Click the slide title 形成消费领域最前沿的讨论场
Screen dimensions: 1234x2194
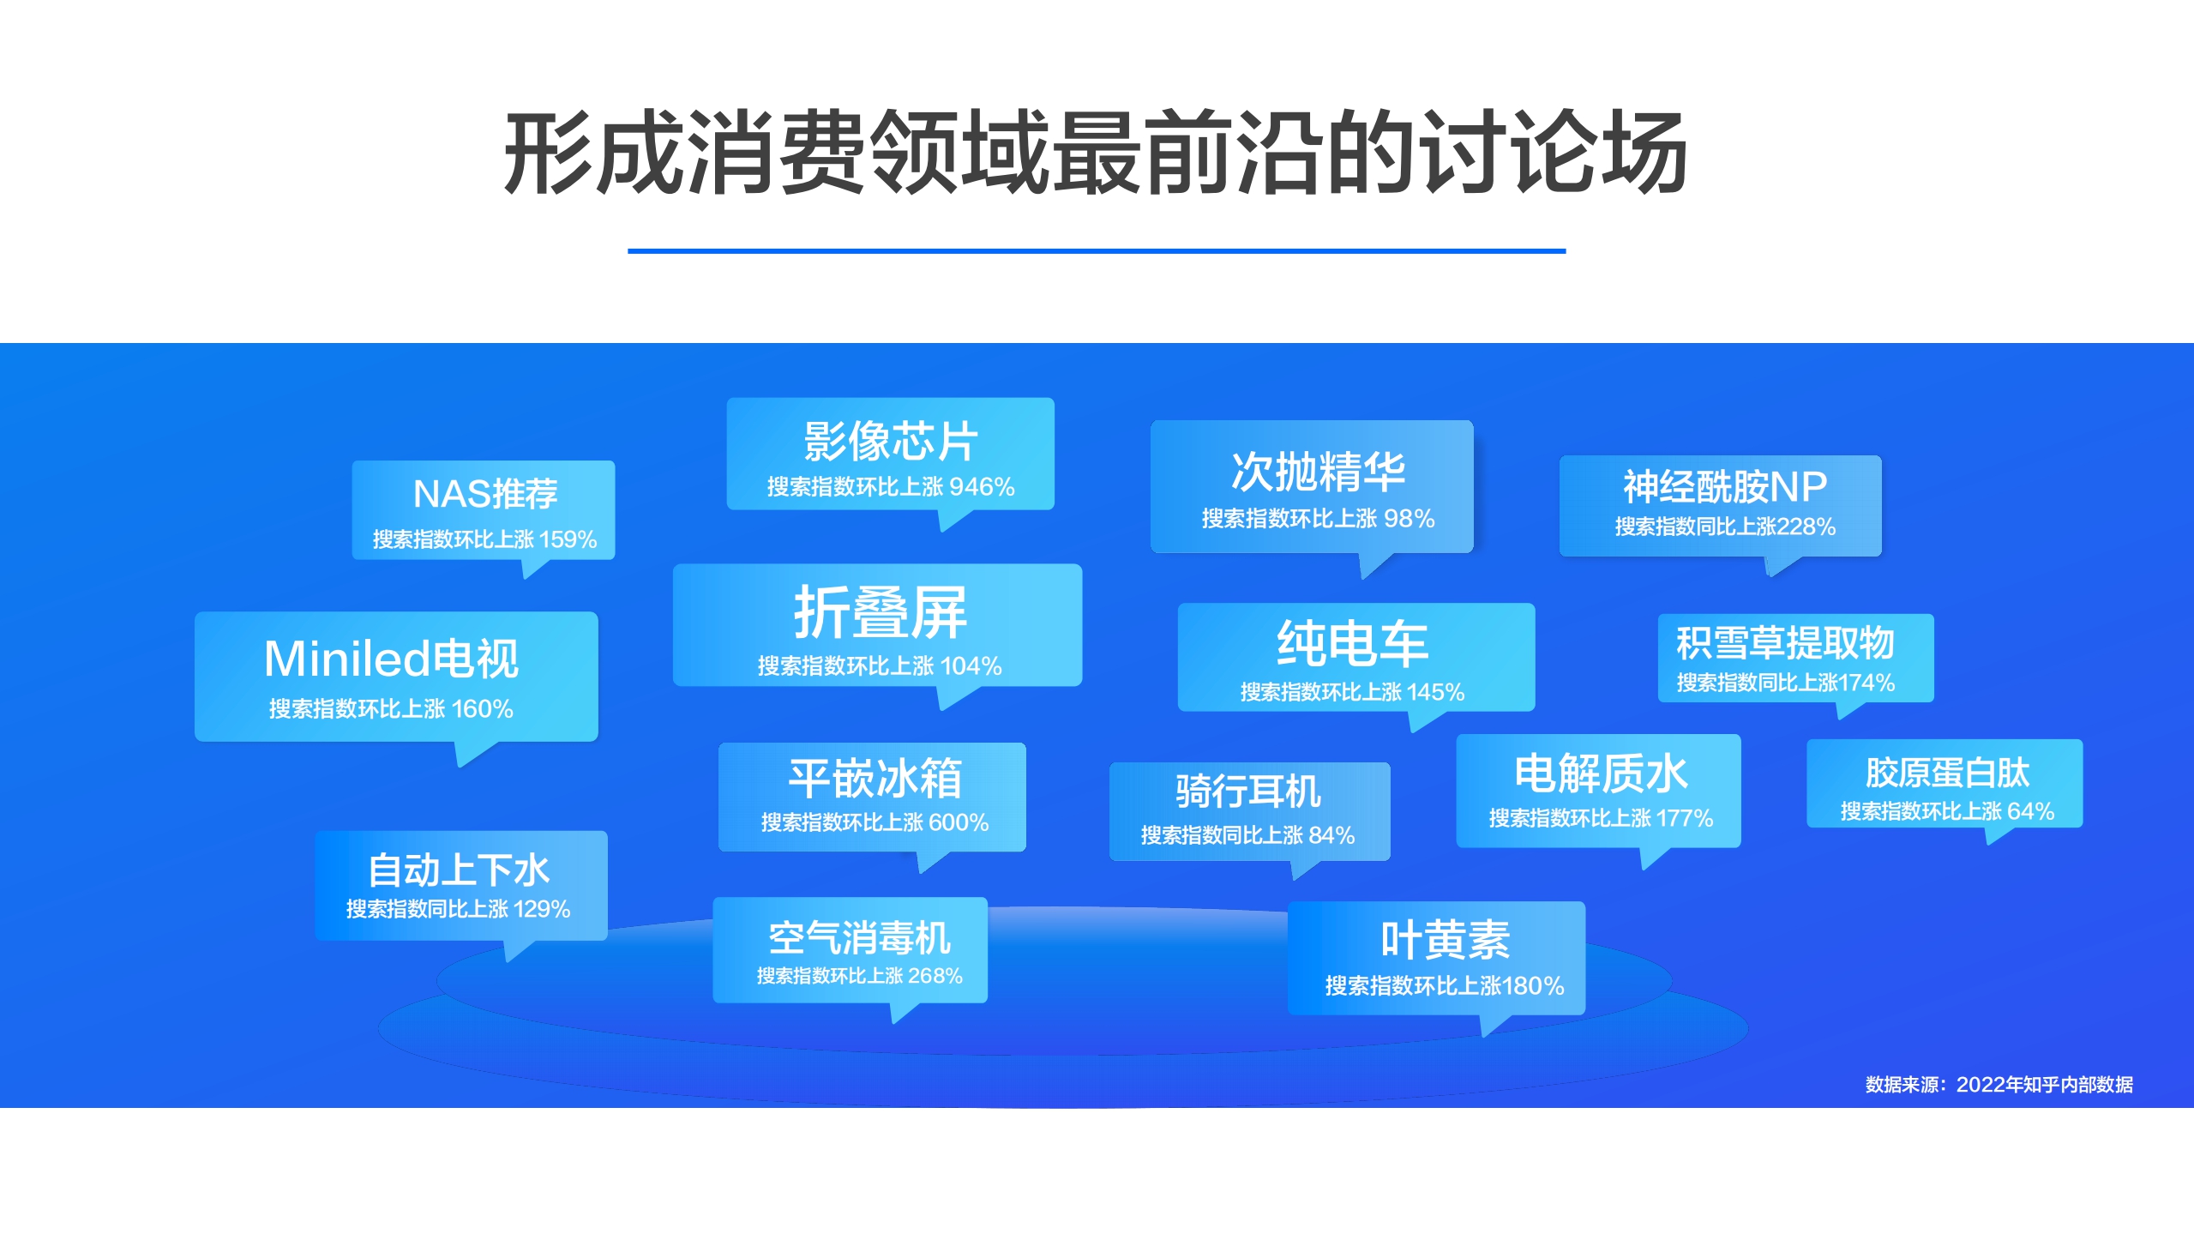tap(1096, 153)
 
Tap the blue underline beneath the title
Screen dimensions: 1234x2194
tap(1096, 251)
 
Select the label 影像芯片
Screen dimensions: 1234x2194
tap(890, 442)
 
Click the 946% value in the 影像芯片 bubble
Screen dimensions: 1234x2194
tap(982, 487)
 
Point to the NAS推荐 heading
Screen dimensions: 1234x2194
tap(484, 494)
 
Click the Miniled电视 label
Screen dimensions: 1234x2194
tap(391, 659)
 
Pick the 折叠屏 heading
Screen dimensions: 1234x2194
tap(880, 612)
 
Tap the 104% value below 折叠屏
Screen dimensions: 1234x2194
tap(971, 666)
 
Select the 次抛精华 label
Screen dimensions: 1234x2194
tap(1318, 472)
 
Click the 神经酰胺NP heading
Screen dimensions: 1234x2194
tap(1724, 487)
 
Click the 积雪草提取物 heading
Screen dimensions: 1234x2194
tap(1784, 642)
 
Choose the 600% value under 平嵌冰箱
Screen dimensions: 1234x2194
tap(959, 822)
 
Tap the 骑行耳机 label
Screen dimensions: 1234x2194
tap(1247, 791)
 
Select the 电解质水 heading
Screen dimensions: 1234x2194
tap(1600, 774)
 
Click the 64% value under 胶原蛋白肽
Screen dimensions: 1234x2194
tap(2030, 811)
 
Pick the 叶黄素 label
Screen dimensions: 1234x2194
tap(1445, 940)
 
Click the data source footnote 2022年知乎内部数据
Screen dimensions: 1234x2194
tap(2044, 1085)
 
